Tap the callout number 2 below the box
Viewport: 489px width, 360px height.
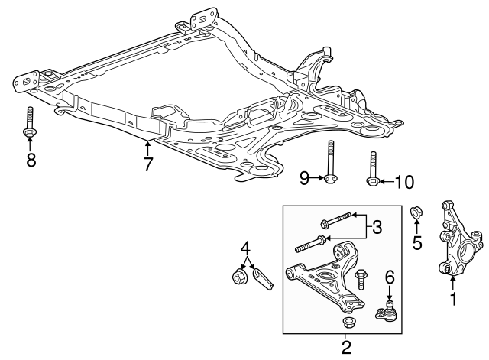point(345,349)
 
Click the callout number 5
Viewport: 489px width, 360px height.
point(417,244)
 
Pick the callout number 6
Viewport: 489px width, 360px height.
point(388,276)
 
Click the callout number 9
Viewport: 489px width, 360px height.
point(305,178)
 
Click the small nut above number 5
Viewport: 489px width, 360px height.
point(418,212)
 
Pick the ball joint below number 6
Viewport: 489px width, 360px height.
point(387,311)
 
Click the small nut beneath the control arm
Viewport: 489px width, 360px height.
point(348,321)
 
